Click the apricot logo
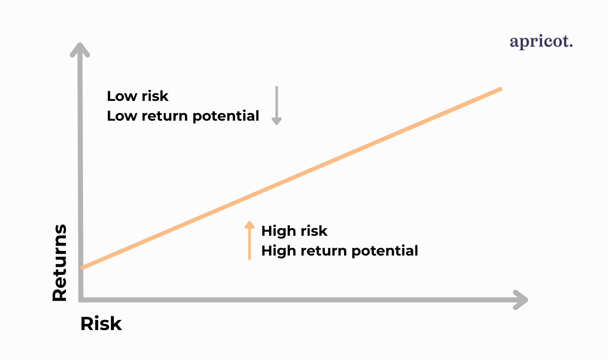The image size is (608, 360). pyautogui.click(x=541, y=42)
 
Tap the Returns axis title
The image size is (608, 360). pyautogui.click(x=59, y=263)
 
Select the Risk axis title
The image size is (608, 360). pyautogui.click(x=101, y=323)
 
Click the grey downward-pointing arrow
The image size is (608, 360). pyautogui.click(x=277, y=105)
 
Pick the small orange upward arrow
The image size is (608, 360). pyautogui.click(x=249, y=240)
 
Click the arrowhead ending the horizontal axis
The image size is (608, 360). pyautogui.click(x=520, y=300)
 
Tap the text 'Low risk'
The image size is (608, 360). pyautogui.click(x=138, y=96)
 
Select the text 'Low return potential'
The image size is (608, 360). pyautogui.click(x=183, y=116)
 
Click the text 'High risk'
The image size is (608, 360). pyautogui.click(x=294, y=231)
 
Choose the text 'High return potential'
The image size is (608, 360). pyautogui.click(x=339, y=251)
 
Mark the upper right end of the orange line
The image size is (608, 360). pyautogui.click(x=502, y=89)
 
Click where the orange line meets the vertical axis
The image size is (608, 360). pyautogui.click(x=82, y=268)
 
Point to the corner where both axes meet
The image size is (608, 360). pyautogui.click(x=81, y=300)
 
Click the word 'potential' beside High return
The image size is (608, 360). pyautogui.click(x=385, y=251)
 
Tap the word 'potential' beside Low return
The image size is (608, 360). pyautogui.click(x=226, y=116)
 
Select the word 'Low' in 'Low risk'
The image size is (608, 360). pyautogui.click(x=122, y=96)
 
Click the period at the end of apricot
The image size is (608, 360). pyautogui.click(x=571, y=46)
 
